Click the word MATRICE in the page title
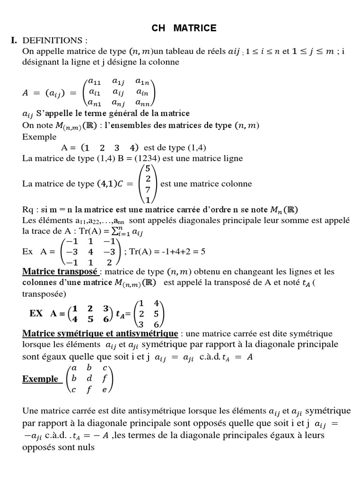pyautogui.click(x=195, y=28)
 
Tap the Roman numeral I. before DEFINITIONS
pyautogui.click(x=14, y=41)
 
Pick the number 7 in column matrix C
pyautogui.click(x=148, y=190)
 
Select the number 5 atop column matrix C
pyautogui.click(x=148, y=168)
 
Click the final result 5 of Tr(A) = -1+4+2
pyautogui.click(x=202, y=251)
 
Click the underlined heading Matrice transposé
pyautogui.click(x=60, y=272)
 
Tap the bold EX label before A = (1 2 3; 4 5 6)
pyautogui.click(x=36, y=313)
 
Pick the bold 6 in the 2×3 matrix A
pyautogui.click(x=106, y=319)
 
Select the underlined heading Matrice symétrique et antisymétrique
pyautogui.click(x=100, y=334)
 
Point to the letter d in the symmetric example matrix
pyautogui.click(x=89, y=378)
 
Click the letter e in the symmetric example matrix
pyautogui.click(x=105, y=389)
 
